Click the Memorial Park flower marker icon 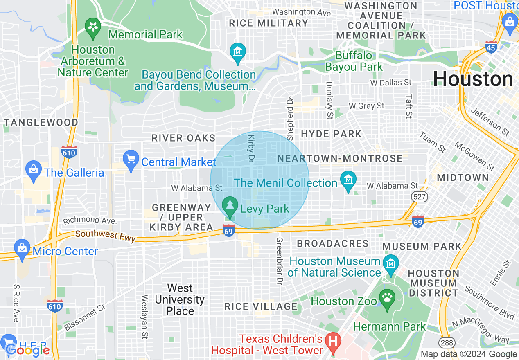93,27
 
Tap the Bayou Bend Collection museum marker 237,52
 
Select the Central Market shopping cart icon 131,159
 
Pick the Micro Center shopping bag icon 21,249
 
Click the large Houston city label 473,79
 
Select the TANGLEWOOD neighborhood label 41,122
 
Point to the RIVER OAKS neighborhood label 183,138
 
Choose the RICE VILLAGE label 261,306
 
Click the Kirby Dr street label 251,148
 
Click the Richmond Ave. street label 90,220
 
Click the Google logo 27,350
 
